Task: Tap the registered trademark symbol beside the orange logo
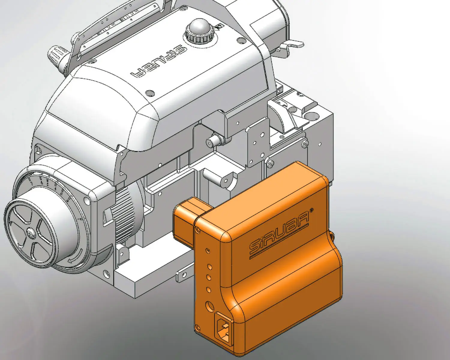[312, 209]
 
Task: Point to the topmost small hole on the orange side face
[207, 250]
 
